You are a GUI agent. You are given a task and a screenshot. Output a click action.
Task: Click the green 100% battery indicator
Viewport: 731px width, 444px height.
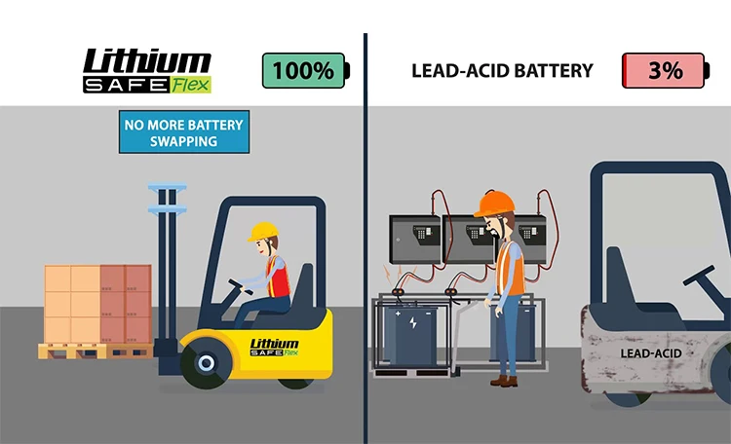click(x=303, y=70)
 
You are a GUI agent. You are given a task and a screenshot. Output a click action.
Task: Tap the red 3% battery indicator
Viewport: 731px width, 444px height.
click(x=665, y=70)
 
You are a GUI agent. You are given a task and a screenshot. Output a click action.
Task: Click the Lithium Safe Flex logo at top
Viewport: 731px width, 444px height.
click(x=146, y=70)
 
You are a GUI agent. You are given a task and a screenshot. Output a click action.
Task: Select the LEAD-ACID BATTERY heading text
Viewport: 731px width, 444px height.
click(x=502, y=71)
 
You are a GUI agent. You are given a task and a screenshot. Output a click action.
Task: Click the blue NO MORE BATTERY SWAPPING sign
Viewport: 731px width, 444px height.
click(x=182, y=133)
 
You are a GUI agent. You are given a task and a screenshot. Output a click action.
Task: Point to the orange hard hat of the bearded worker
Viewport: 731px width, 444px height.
click(x=494, y=203)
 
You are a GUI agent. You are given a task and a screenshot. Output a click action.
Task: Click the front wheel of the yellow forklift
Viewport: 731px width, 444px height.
click(x=206, y=364)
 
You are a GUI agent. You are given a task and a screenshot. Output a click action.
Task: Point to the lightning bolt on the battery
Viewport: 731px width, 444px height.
click(x=413, y=321)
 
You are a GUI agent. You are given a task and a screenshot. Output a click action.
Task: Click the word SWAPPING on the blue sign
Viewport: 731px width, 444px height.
click(x=182, y=142)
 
